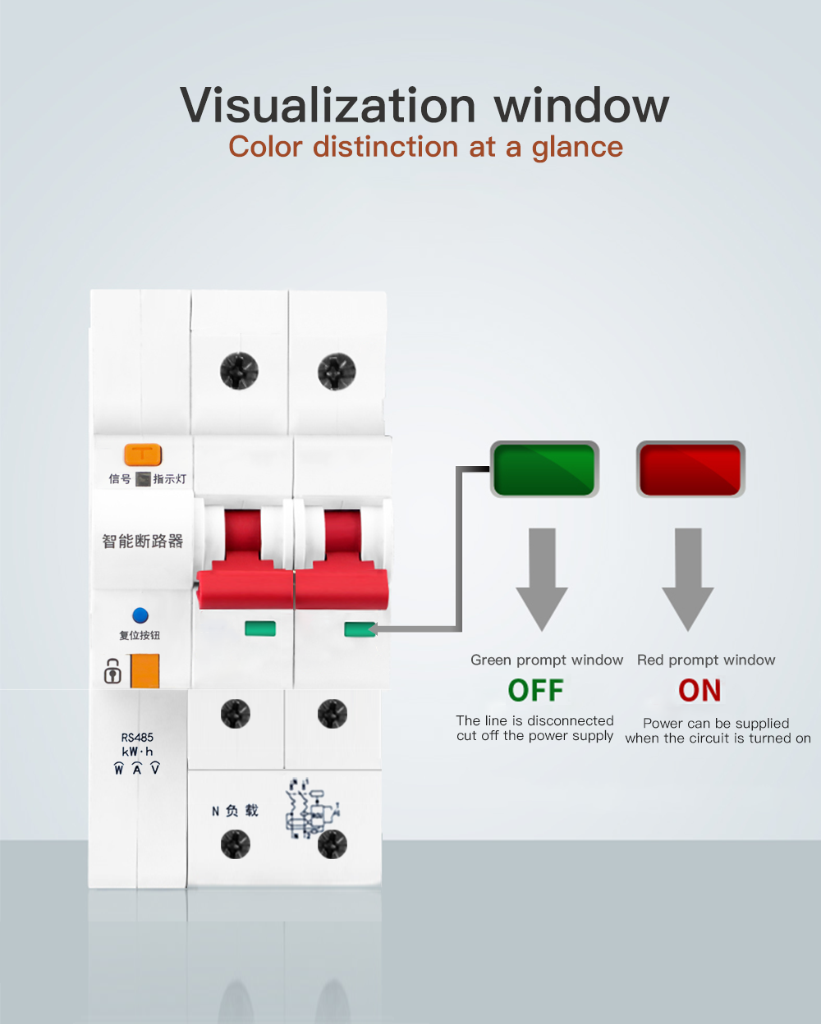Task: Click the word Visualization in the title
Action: pos(328,106)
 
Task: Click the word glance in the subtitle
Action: pos(577,147)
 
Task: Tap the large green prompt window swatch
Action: pos(544,469)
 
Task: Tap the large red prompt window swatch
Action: pos(690,469)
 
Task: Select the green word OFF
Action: pos(535,691)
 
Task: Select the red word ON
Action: pos(699,691)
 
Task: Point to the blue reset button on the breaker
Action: pos(140,615)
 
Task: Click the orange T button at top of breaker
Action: pos(143,454)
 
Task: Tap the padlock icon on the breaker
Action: pos(112,671)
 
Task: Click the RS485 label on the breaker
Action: pos(137,738)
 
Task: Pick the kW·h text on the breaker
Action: pos(137,752)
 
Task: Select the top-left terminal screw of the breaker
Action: pos(239,371)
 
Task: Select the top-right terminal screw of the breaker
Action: pos(337,371)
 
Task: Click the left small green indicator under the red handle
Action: pos(260,629)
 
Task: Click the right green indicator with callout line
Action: pos(359,629)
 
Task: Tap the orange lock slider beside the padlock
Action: pos(144,670)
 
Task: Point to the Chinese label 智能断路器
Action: pos(142,542)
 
